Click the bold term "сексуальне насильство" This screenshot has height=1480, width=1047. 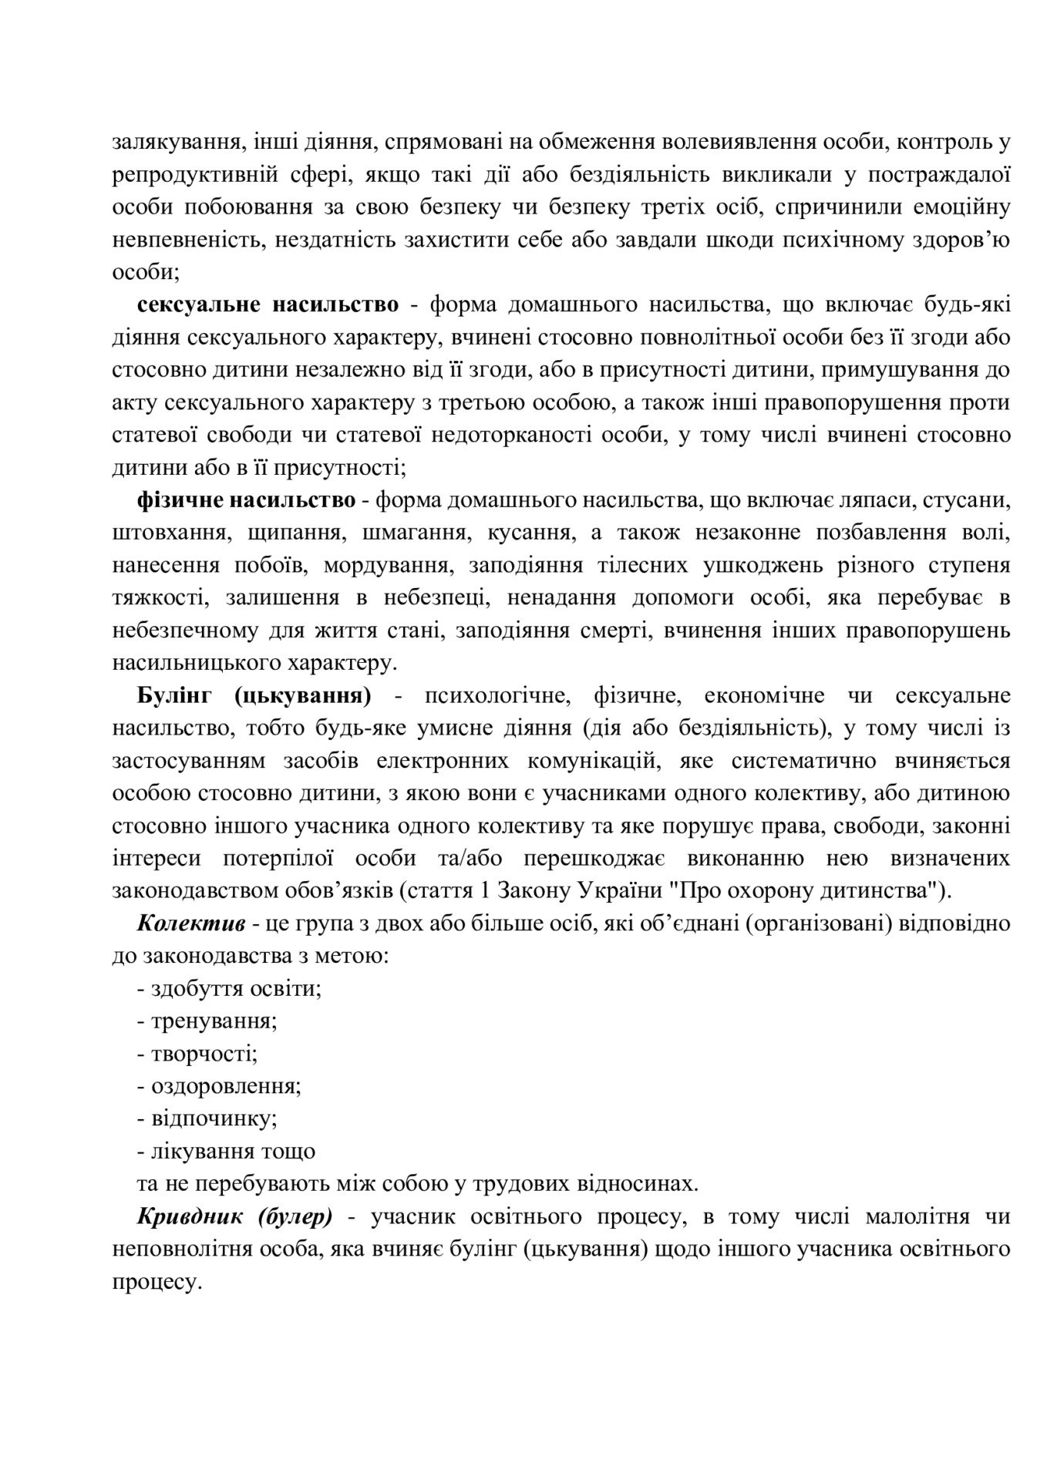coord(268,305)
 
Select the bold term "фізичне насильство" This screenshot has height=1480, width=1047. coord(247,500)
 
